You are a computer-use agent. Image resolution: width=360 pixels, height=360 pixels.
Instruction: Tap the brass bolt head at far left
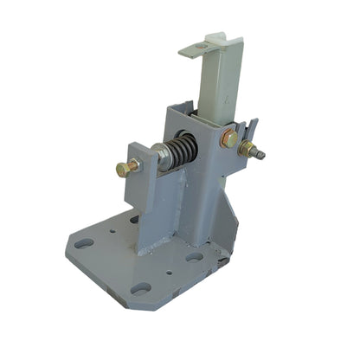pos(123,168)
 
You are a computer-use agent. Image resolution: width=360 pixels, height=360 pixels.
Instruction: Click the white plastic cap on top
pos(215,41)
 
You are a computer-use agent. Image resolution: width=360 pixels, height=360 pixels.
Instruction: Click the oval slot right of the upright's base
pos(195,256)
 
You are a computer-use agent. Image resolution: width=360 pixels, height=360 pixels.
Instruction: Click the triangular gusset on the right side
pos(227,221)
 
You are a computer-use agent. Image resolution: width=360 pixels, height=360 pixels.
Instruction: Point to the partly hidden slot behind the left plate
pos(134,221)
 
